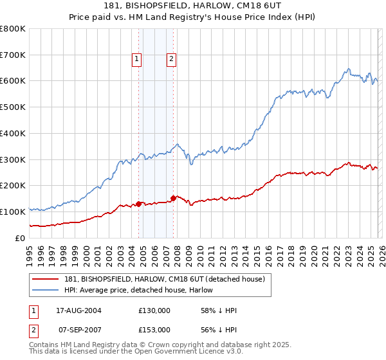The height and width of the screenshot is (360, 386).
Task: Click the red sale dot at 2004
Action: (x=139, y=204)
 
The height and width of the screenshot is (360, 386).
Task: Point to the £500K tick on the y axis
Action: (x=13, y=107)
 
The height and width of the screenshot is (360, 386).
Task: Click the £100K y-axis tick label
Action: (x=13, y=212)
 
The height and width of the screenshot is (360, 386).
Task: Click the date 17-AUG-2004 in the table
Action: (x=79, y=310)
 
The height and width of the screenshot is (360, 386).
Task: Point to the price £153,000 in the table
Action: (x=154, y=330)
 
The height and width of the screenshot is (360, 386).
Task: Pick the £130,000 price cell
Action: (x=154, y=310)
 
